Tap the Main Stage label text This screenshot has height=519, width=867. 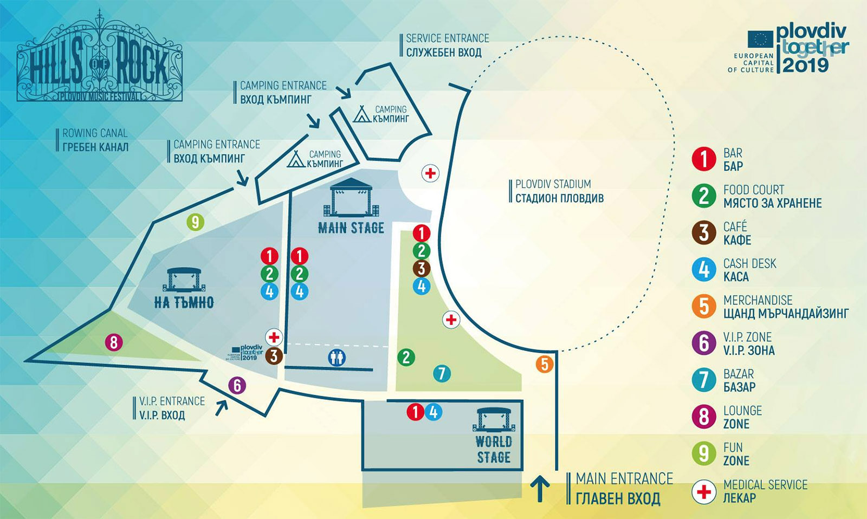351,228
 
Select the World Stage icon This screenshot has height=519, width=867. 493,419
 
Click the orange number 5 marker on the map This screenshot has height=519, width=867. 545,364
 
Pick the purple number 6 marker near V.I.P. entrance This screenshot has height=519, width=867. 237,385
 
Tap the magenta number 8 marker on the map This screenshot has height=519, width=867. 113,342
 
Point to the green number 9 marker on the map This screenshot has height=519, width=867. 195,222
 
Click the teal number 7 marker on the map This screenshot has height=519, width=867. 442,373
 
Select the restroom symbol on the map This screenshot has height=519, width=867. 337,358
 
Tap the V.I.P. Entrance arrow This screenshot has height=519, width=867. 222,406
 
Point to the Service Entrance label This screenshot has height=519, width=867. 447,46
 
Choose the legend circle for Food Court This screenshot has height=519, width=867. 704,196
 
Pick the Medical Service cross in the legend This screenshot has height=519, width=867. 704,492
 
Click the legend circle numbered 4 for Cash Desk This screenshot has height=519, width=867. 704,270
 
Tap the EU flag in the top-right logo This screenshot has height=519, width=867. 760,40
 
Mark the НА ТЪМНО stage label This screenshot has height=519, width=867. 184,302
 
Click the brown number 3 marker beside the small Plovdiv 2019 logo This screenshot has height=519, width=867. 274,356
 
